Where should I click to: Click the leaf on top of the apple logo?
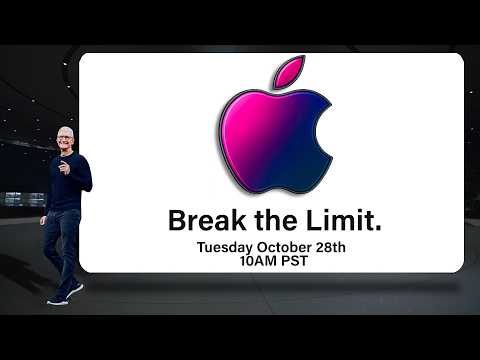[288, 70]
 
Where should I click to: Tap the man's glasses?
[66, 140]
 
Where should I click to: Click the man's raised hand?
[62, 165]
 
